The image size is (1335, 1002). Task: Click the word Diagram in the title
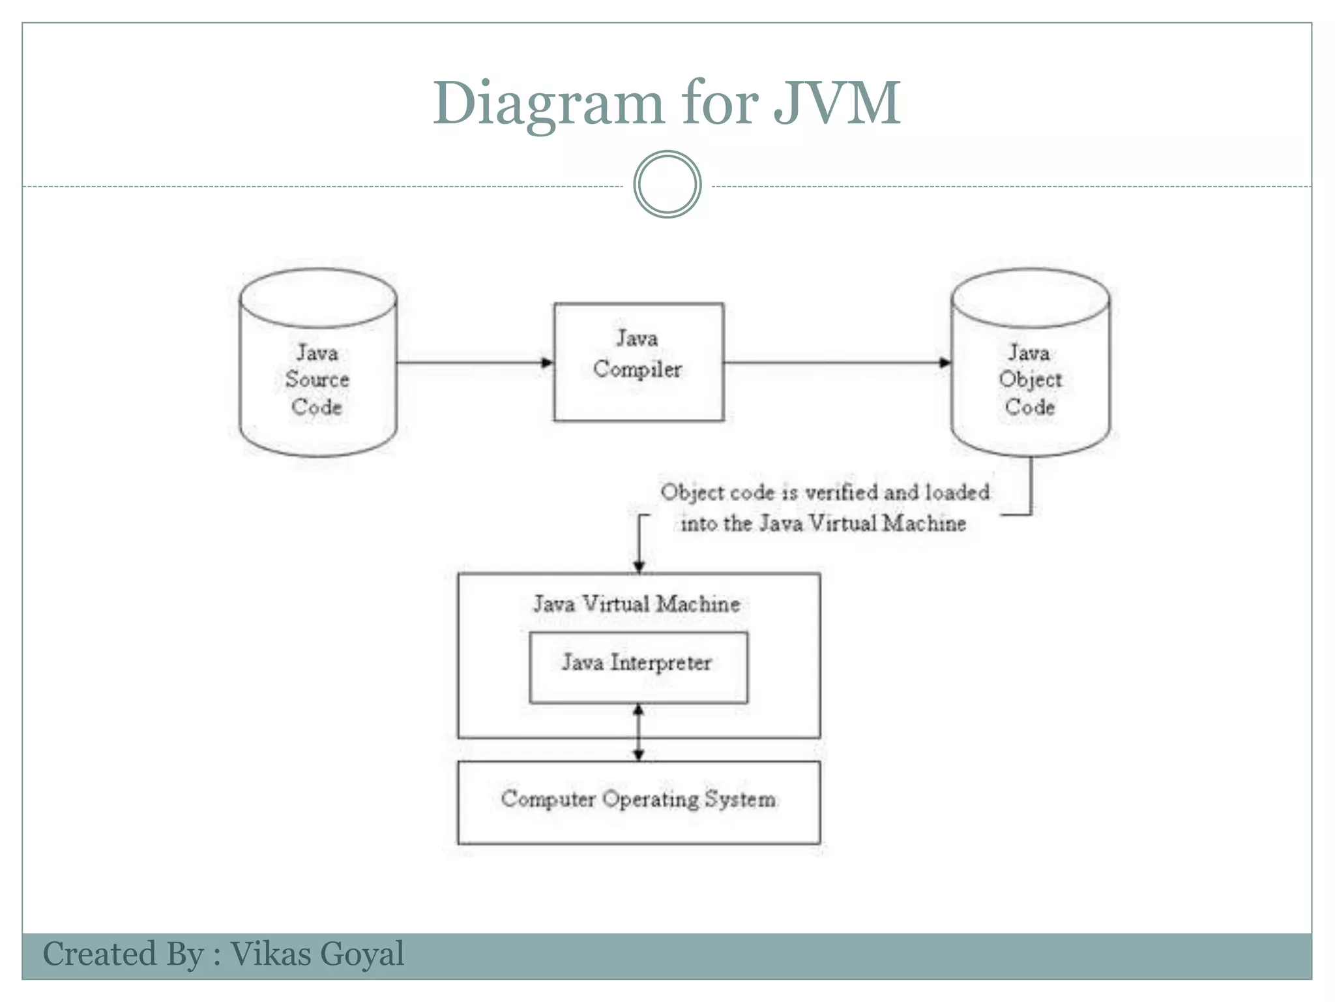click(548, 104)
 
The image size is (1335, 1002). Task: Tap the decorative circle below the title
click(667, 185)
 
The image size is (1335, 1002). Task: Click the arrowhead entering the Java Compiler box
click(548, 363)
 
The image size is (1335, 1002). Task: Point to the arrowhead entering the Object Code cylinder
click(945, 363)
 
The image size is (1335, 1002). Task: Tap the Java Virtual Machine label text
click(636, 604)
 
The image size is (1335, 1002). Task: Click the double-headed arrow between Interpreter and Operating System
click(639, 732)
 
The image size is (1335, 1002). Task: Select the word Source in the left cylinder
click(317, 380)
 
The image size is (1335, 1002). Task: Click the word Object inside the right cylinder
click(1030, 380)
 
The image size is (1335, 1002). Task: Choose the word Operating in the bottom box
click(650, 800)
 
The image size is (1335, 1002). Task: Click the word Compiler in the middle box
click(637, 369)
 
